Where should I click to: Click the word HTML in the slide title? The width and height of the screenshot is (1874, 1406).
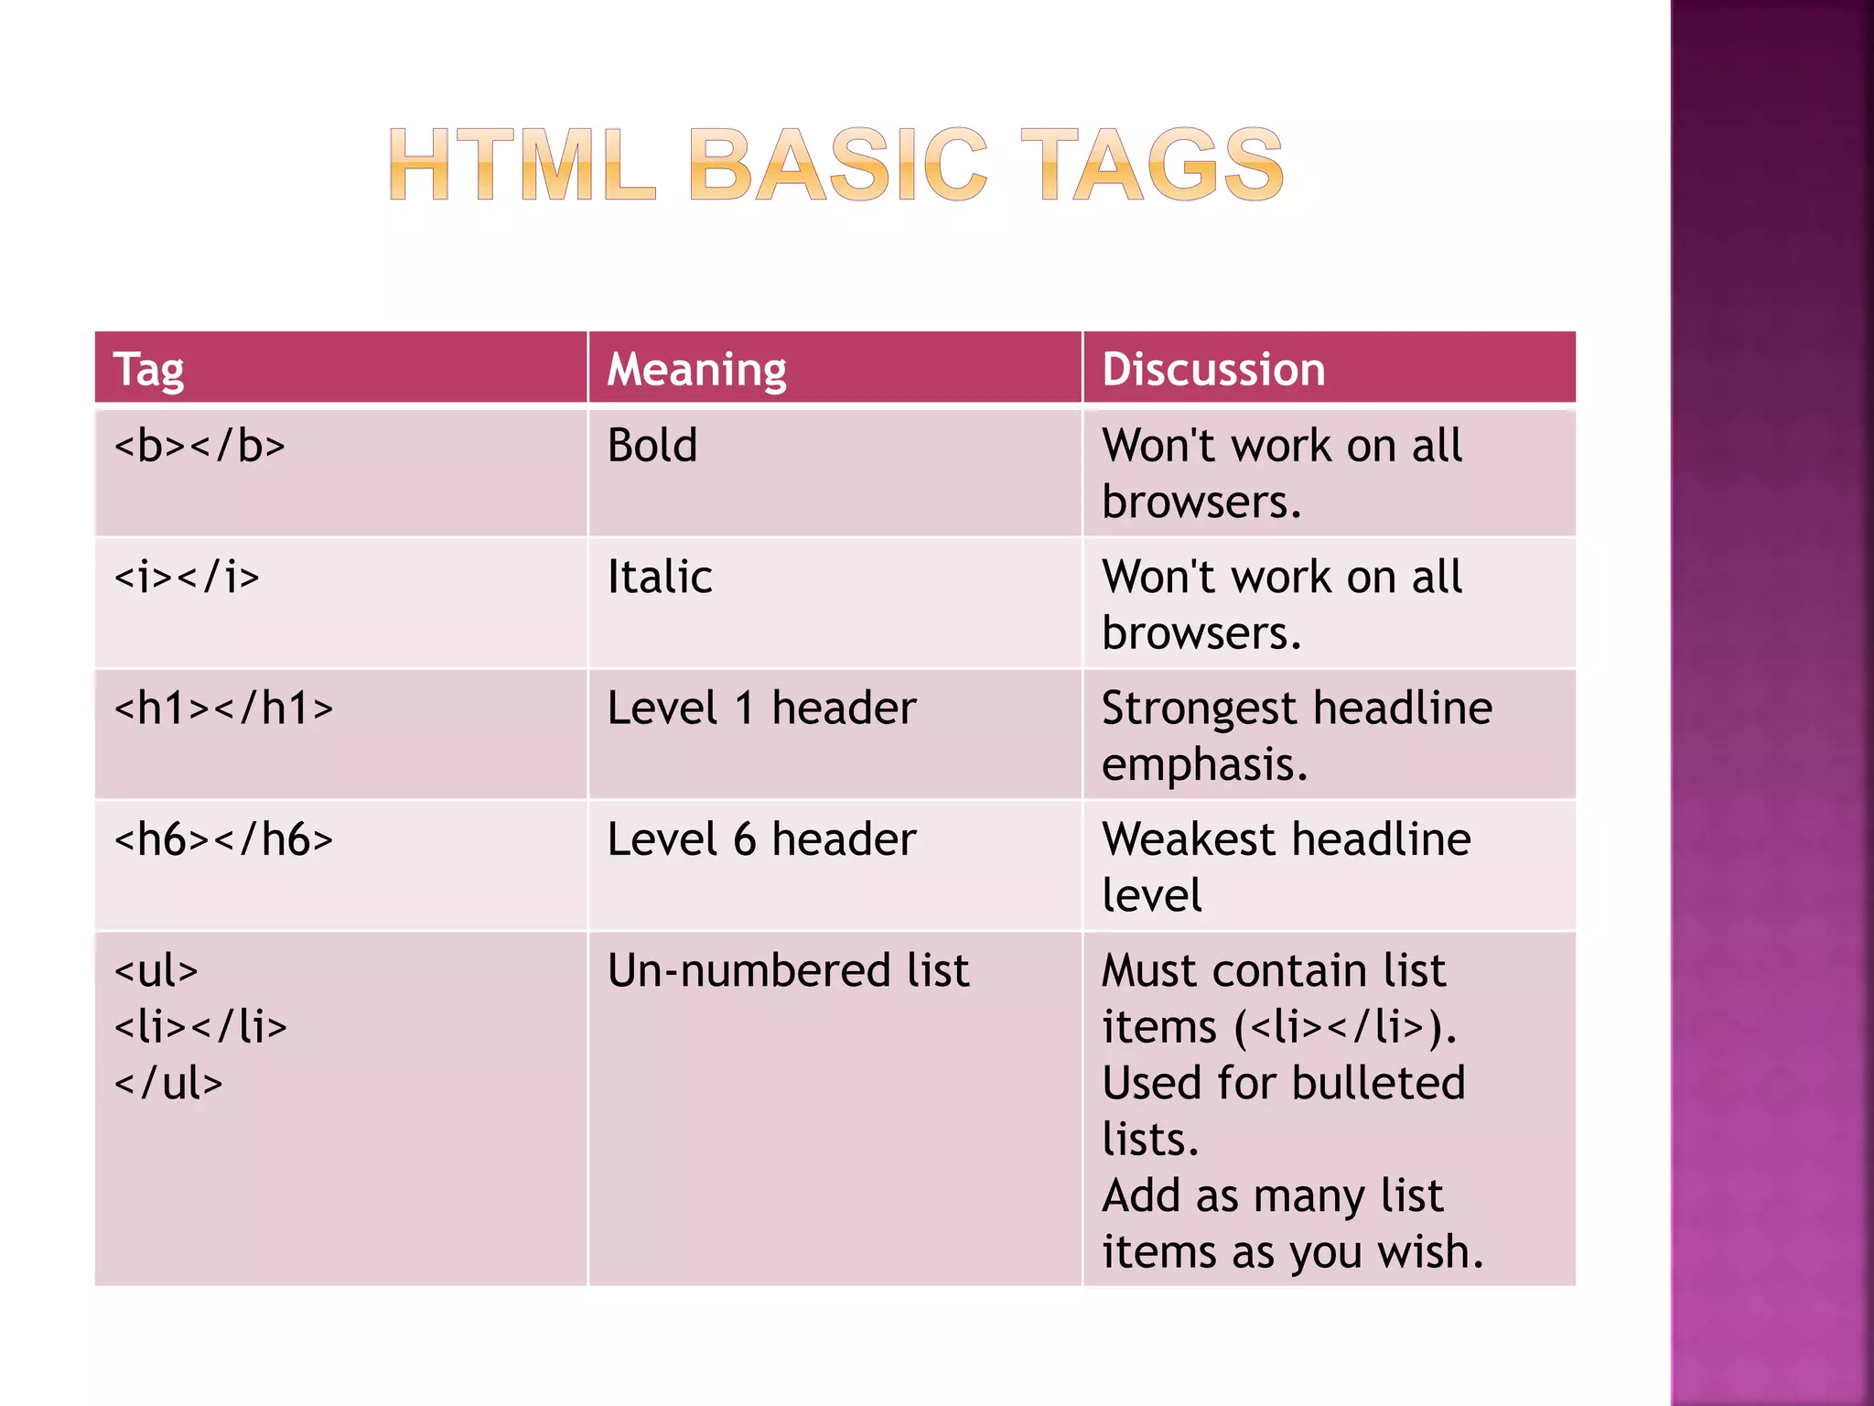click(522, 165)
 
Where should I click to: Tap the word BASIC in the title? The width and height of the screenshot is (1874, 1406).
click(838, 165)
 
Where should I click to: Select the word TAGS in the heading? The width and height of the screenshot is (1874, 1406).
click(1152, 165)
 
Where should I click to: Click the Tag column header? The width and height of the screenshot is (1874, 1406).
click(148, 370)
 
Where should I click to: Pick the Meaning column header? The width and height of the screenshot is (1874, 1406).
click(696, 370)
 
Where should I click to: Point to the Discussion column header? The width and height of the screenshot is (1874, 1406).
click(1213, 370)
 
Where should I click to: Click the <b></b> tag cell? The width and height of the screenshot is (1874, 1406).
click(199, 447)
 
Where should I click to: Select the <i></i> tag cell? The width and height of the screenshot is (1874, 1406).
click(187, 578)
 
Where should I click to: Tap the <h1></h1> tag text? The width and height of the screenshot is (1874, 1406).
click(223, 708)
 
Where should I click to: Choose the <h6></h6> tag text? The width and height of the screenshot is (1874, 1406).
click(223, 839)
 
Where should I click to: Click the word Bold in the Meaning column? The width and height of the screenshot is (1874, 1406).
click(652, 447)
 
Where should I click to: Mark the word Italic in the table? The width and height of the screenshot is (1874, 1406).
click(660, 578)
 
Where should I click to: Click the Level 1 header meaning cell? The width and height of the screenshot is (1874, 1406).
click(761, 708)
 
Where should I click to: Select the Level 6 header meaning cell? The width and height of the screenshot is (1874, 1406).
click(761, 839)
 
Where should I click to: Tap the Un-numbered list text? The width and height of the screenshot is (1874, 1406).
click(788, 970)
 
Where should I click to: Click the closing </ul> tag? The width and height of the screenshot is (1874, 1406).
click(168, 1084)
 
